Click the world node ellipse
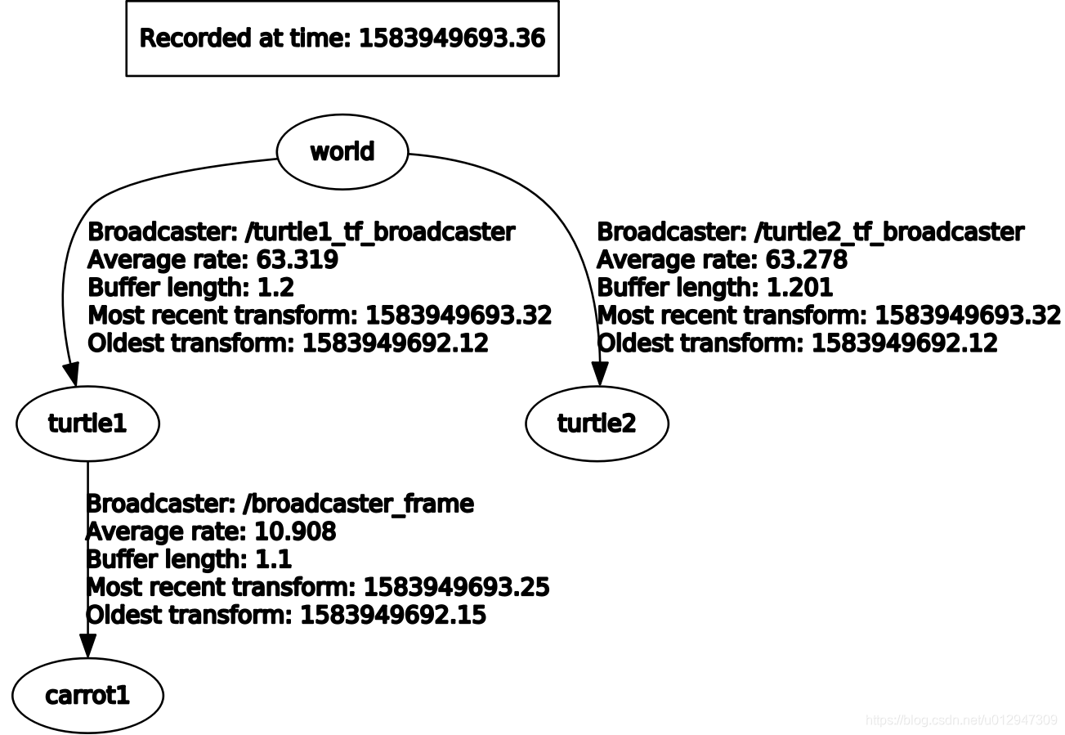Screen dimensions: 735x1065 coord(342,152)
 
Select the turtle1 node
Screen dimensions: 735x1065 coord(87,424)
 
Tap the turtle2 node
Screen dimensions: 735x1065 coord(597,424)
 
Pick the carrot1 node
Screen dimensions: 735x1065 coord(87,696)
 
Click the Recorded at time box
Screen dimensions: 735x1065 coord(342,38)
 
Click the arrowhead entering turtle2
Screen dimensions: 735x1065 coord(600,374)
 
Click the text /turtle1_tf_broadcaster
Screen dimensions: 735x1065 coord(380,232)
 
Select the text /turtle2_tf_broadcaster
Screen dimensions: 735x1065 coord(889,232)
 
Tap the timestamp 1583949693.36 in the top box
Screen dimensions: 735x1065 coord(452,38)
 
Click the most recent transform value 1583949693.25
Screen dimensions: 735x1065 coord(456,587)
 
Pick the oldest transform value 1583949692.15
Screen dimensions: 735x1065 coord(393,615)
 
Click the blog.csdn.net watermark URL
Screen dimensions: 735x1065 coord(961,720)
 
